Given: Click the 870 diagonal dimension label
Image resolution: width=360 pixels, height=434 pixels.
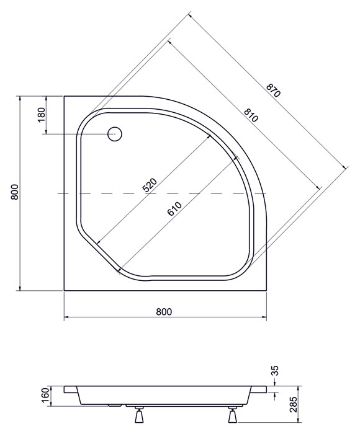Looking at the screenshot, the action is coord(273,91).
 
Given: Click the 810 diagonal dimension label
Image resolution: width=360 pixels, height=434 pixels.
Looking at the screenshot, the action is coord(251,115).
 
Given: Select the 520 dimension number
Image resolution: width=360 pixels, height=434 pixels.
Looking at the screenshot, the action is coord(150,185).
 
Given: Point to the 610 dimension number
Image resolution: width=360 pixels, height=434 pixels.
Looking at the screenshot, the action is coord(174,209).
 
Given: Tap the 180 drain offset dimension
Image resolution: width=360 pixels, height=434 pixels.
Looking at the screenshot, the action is coord(41,115).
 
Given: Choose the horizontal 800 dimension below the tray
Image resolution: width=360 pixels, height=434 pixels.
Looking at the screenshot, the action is coord(164,312).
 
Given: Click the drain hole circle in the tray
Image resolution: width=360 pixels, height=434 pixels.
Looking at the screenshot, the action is coord(114,134).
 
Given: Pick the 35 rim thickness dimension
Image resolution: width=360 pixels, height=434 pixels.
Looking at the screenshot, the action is coord(275,371).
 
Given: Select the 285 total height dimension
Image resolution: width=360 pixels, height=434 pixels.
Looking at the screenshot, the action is coord(293,404).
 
